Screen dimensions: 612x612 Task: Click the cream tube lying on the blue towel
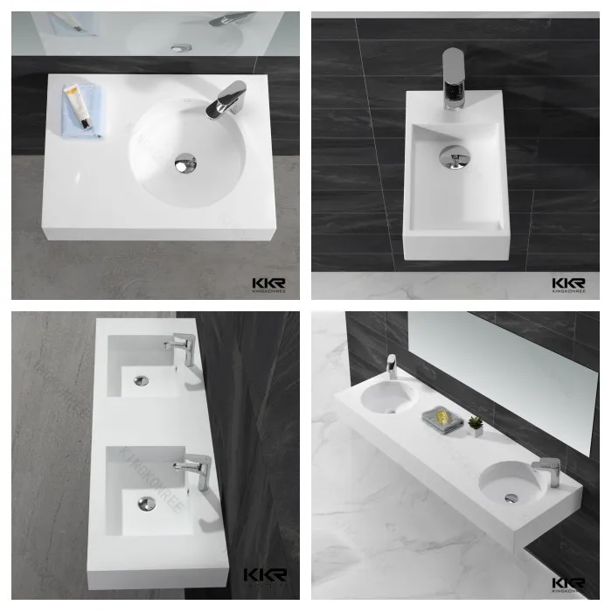point(79,107)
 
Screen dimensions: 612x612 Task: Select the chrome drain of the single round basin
point(185,162)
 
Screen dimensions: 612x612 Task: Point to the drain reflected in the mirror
point(182,47)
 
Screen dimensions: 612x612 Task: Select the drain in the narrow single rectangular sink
point(453,157)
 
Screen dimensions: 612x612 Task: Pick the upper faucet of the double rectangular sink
point(183,350)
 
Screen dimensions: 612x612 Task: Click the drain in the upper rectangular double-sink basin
point(142,380)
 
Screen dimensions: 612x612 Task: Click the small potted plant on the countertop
point(475,426)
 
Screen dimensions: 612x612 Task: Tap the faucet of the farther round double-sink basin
point(392,365)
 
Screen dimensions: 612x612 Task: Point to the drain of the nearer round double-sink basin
point(511,497)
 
